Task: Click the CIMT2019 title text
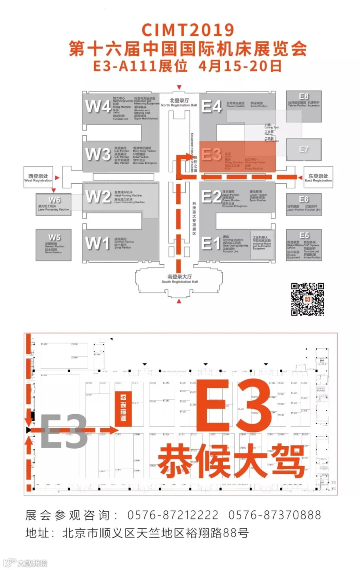[188, 30]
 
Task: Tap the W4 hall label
[98, 106]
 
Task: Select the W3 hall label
[98, 155]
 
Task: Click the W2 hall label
[98, 197]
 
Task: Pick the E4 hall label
[212, 106]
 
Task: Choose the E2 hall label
[212, 197]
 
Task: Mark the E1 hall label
[211, 243]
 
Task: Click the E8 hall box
[304, 106]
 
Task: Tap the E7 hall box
[304, 149]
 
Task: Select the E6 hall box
[304, 205]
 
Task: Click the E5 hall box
[304, 245]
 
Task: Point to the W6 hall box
[54, 205]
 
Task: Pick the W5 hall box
[54, 245]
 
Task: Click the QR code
[307, 299]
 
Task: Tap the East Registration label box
[318, 178]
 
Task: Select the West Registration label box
[38, 178]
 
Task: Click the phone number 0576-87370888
[274, 515]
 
